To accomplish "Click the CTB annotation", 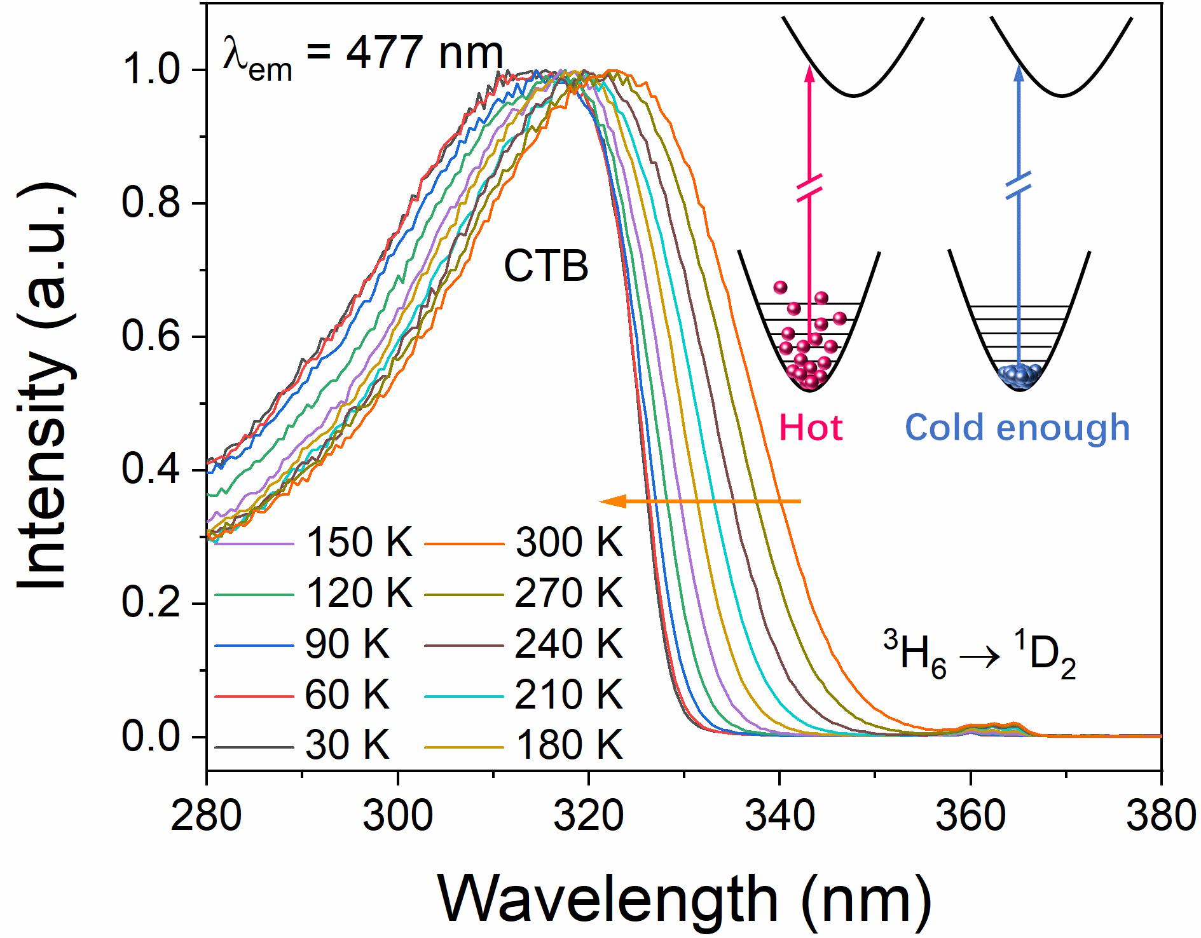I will click(x=546, y=268).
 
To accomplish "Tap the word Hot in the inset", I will click(x=811, y=428).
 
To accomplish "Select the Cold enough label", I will click(x=1017, y=428).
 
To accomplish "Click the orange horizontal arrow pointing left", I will click(x=699, y=502).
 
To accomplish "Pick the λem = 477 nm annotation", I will click(x=362, y=57).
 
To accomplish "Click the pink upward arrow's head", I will click(x=809, y=71).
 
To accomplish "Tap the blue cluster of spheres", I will click(x=1018, y=376).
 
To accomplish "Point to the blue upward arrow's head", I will click(x=1018, y=71).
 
